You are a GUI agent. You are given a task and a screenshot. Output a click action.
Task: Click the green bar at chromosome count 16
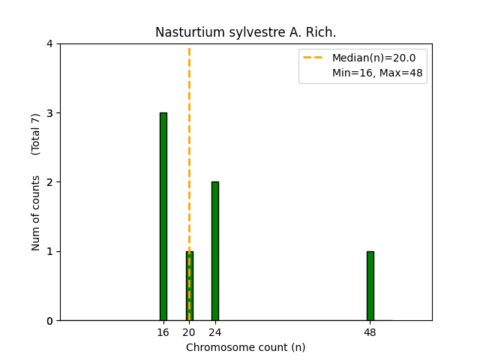pyautogui.click(x=163, y=217)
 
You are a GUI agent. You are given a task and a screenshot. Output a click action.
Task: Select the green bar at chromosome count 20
pyautogui.click(x=189, y=286)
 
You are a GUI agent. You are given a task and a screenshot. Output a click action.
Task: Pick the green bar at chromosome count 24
pyautogui.click(x=215, y=251)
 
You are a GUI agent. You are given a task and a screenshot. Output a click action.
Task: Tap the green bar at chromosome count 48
pyautogui.click(x=370, y=286)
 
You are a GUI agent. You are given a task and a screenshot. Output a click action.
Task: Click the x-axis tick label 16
pyautogui.click(x=163, y=332)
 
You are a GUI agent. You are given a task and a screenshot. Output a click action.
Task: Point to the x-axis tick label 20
pyautogui.click(x=189, y=332)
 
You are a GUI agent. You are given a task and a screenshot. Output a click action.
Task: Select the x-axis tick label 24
pyautogui.click(x=215, y=332)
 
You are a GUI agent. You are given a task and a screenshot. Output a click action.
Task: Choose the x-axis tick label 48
pyautogui.click(x=370, y=332)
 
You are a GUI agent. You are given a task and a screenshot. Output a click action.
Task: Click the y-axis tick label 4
pyautogui.click(x=49, y=43)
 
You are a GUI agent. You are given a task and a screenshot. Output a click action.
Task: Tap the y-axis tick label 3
pyautogui.click(x=49, y=113)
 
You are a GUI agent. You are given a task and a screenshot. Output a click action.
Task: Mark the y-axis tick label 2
pyautogui.click(x=49, y=182)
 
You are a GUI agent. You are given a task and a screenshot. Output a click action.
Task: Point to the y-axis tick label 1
pyautogui.click(x=49, y=251)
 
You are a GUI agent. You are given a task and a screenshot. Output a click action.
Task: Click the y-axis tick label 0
pyautogui.click(x=49, y=321)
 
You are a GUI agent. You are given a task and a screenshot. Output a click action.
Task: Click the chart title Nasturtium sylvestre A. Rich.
pyautogui.click(x=246, y=33)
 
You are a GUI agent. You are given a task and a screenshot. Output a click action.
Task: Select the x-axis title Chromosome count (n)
pyautogui.click(x=246, y=347)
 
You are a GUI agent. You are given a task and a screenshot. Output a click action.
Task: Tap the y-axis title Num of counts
pyautogui.click(x=36, y=213)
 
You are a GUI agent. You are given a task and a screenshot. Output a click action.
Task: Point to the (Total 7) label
pyautogui.click(x=36, y=134)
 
